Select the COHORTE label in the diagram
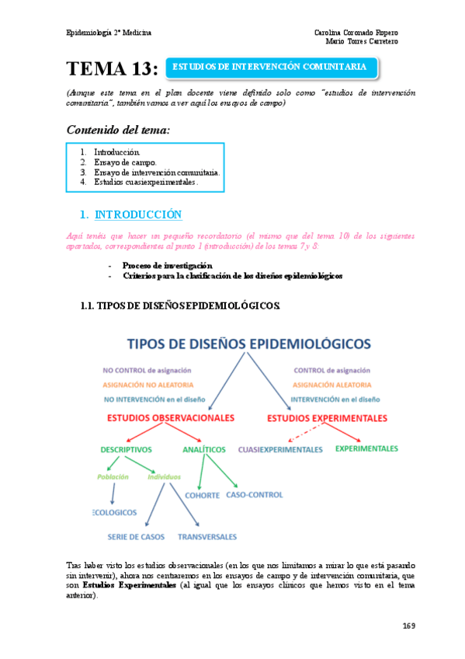pyautogui.click(x=202, y=495)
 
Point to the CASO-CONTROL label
pyautogui.click(x=255, y=494)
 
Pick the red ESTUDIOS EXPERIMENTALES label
pyautogui.click(x=327, y=418)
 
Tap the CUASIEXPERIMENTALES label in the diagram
pyautogui.click(x=280, y=449)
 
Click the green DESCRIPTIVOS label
pyautogui.click(x=126, y=449)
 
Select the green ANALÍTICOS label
pyautogui.click(x=204, y=449)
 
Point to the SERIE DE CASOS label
pyautogui.click(x=134, y=537)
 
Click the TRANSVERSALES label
pyautogui.click(x=208, y=537)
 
